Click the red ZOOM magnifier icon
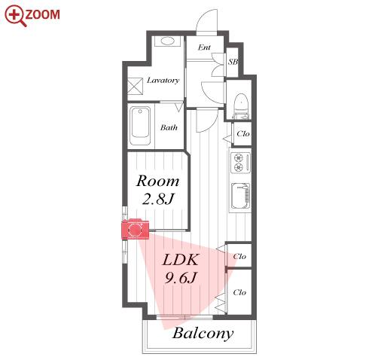point(15,16)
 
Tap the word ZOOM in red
point(42,14)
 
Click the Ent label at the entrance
point(204,47)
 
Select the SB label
point(233,62)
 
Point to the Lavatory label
point(163,81)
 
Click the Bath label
point(169,127)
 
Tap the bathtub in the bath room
point(140,126)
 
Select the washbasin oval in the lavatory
point(167,41)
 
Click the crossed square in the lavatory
point(135,86)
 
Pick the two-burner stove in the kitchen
point(240,163)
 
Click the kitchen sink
point(240,196)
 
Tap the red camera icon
point(136,229)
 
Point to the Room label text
point(157,181)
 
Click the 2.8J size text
point(157,200)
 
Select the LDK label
point(180,260)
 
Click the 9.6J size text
point(180,278)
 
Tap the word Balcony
point(203,334)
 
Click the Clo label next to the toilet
point(243,133)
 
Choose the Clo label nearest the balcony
point(239,292)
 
